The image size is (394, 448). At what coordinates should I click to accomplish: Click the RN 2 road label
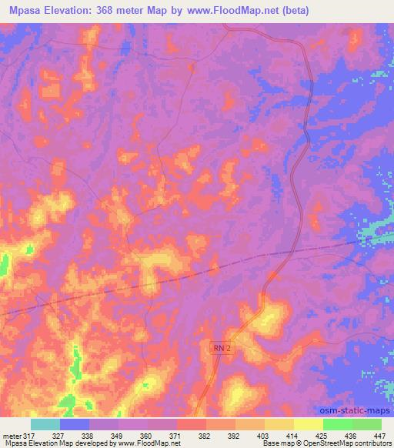click(x=222, y=349)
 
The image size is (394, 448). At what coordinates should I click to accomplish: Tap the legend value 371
click(x=177, y=436)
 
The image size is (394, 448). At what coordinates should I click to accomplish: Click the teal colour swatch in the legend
click(x=45, y=424)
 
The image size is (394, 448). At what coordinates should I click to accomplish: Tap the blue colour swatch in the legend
click(x=75, y=424)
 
